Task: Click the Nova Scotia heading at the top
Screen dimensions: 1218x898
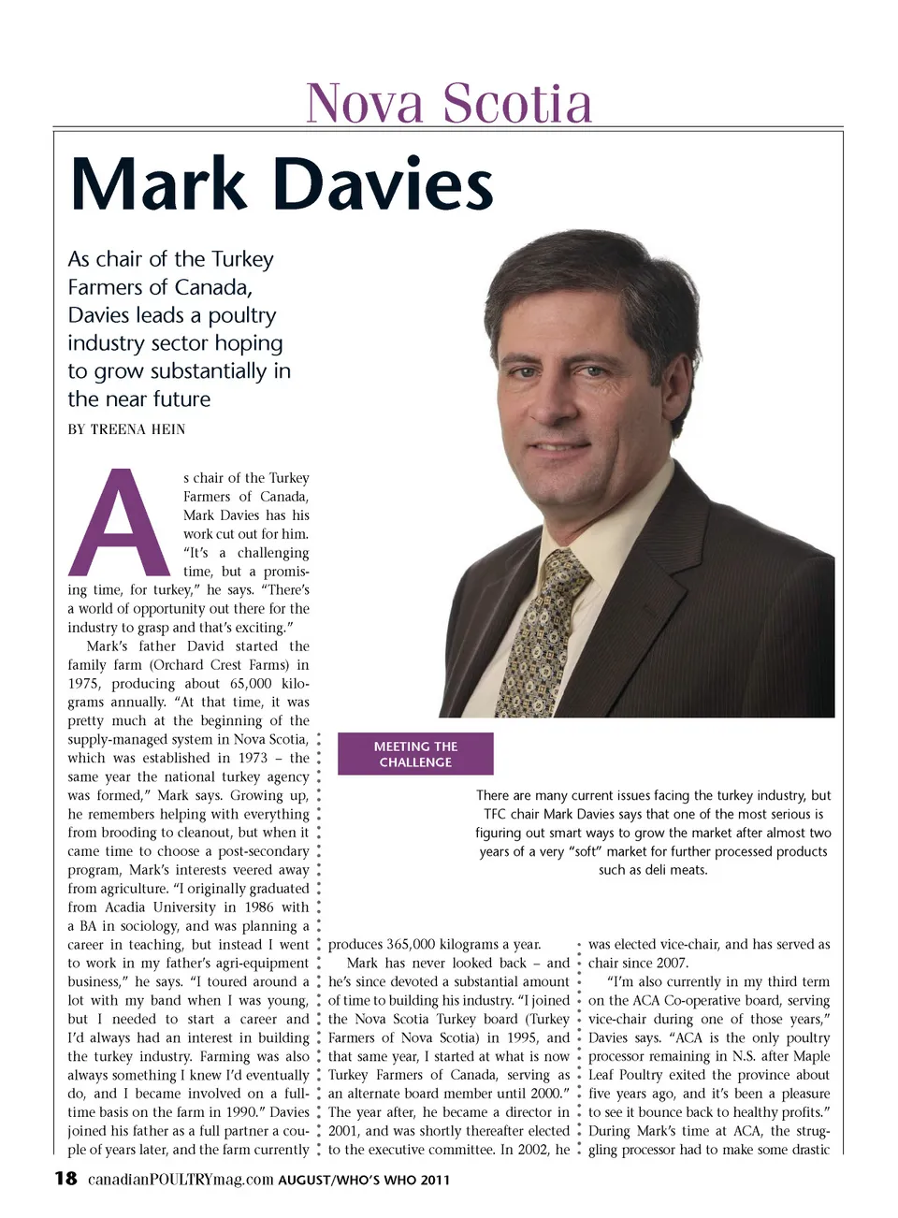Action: (449, 103)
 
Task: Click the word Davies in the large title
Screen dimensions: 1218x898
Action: (384, 184)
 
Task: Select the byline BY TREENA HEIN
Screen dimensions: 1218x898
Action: (126, 429)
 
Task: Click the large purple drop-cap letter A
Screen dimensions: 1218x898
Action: (119, 523)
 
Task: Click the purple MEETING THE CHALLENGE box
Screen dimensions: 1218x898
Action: (415, 754)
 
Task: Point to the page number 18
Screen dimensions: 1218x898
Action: (65, 1179)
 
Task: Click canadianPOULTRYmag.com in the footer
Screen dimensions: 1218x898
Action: (181, 1180)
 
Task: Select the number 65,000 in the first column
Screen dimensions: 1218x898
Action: (251, 684)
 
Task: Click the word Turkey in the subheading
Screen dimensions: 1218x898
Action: (242, 259)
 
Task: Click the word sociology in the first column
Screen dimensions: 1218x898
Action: (150, 926)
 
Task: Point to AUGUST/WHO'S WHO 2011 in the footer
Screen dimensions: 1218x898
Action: (364, 1181)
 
